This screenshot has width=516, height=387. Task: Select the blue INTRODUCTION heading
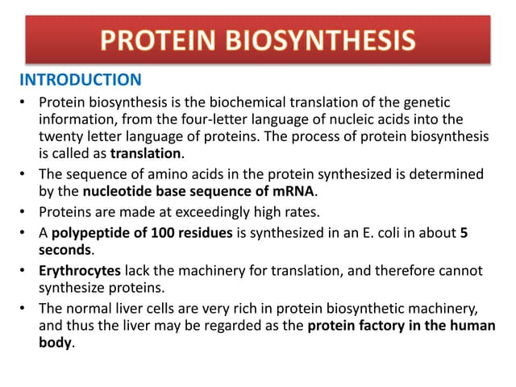(x=80, y=80)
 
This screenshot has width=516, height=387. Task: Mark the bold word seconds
(x=67, y=252)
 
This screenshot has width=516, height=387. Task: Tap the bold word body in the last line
(x=55, y=342)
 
